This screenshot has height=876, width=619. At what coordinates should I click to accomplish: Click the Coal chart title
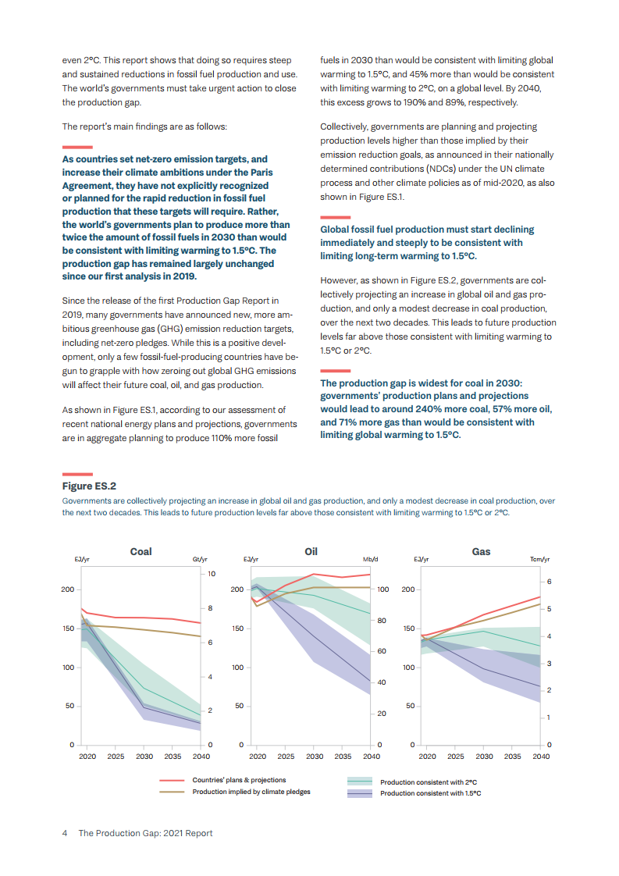pos(141,551)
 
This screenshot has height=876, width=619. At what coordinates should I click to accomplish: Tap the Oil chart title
pos(311,551)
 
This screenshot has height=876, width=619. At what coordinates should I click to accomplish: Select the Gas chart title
pos(481,551)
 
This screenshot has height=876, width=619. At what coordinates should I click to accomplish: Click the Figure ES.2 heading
pos(89,486)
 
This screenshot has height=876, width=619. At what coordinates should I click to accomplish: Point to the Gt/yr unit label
pos(200,560)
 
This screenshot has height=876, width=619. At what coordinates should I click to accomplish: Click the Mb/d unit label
pos(370,560)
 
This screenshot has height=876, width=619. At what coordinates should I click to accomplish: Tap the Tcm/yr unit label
pos(539,560)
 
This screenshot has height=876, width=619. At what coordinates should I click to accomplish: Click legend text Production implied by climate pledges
pos(251,792)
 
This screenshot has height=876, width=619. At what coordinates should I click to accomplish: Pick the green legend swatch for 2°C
pos(359,781)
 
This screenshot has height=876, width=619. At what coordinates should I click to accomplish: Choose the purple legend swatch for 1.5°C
pos(359,793)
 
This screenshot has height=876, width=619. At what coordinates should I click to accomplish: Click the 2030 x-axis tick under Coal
pos(144,757)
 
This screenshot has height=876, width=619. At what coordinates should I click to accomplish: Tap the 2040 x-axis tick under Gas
pos(541,757)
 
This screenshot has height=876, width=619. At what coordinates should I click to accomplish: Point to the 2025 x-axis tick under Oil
pos(286,757)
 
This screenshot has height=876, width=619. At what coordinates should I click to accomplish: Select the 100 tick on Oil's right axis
pos(382,590)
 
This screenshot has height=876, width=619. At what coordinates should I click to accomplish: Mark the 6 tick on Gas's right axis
pos(549,582)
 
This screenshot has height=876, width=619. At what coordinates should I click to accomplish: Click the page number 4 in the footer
pos(65,833)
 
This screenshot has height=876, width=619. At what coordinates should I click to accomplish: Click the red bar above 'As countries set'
pos(77,147)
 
